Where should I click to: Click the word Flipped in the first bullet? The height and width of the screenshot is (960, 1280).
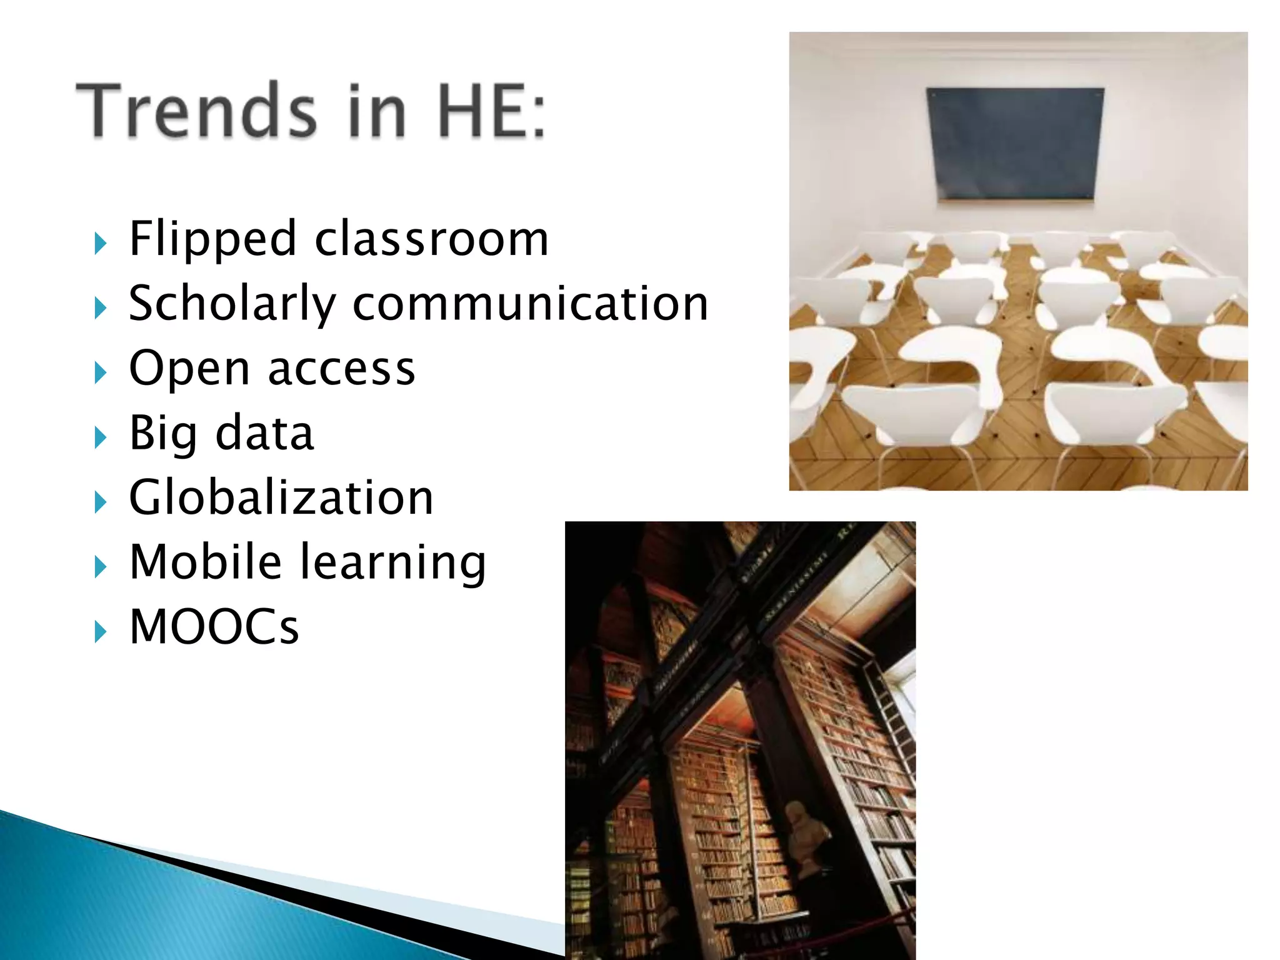[x=212, y=239]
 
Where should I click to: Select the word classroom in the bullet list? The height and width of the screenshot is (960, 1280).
[x=432, y=239]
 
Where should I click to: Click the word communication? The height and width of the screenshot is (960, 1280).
[x=531, y=304]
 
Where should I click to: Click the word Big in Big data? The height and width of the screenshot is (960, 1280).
[x=163, y=433]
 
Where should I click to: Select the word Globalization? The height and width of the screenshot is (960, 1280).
[x=281, y=497]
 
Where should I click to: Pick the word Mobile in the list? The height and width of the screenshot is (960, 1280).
[x=206, y=562]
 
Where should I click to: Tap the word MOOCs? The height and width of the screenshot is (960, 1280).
[x=214, y=627]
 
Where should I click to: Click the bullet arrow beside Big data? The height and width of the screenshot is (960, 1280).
[x=100, y=437]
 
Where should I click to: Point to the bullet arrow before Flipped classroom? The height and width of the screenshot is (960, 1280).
[x=100, y=243]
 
